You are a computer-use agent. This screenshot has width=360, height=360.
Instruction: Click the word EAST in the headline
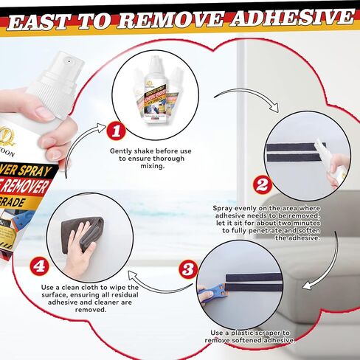[45, 19]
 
